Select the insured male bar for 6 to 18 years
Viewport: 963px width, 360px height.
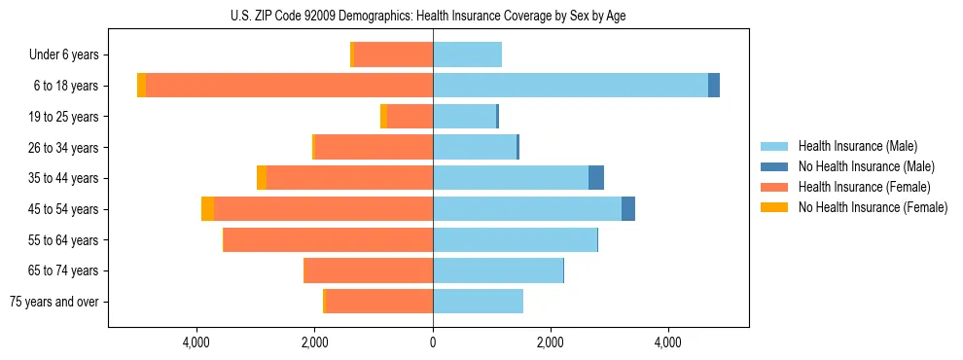(570, 86)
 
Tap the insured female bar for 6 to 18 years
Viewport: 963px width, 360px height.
(289, 86)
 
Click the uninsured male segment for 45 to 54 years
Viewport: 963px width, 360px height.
(628, 209)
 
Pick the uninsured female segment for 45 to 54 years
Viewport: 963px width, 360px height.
(207, 209)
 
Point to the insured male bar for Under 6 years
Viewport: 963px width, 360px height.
(467, 54)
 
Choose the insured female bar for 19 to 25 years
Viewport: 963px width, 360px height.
(410, 117)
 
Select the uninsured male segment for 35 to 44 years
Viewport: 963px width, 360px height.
(596, 178)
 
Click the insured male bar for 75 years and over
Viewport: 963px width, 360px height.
(478, 302)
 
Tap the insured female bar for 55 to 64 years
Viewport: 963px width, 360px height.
(328, 240)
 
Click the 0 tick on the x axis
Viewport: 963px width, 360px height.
(433, 342)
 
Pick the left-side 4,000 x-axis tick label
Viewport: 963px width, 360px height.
(197, 342)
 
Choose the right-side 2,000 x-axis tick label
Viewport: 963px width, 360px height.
(551, 342)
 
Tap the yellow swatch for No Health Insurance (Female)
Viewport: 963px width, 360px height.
(775, 207)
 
